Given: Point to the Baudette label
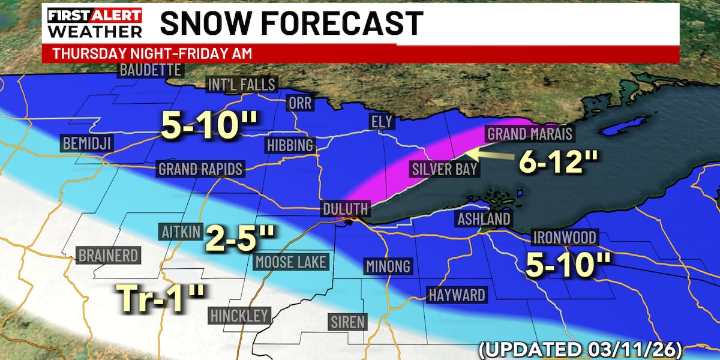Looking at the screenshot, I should pyautogui.click(x=150, y=70).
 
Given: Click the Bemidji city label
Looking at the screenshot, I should pyautogui.click(x=86, y=143).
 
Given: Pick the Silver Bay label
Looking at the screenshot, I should pyautogui.click(x=445, y=169).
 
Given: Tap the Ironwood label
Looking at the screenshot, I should pyautogui.click(x=565, y=238).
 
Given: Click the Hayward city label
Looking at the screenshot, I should pyautogui.click(x=457, y=295).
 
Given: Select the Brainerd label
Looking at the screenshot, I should pyautogui.click(x=109, y=256).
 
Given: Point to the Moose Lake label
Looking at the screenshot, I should pyautogui.click(x=291, y=262).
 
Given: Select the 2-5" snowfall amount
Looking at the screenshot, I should pyautogui.click(x=239, y=238).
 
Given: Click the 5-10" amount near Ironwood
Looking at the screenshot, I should pyautogui.click(x=568, y=265).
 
